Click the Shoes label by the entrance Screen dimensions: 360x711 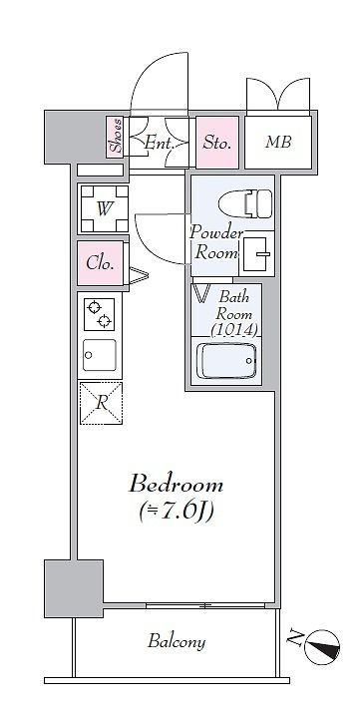[116, 136]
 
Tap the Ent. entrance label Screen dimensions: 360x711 [160, 144]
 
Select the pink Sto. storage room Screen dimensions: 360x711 [217, 143]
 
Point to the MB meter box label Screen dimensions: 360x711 [278, 143]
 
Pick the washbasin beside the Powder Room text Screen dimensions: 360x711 [258, 253]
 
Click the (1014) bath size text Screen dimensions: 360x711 [234, 330]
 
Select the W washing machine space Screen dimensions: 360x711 [105, 208]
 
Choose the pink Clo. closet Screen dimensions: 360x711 [100, 263]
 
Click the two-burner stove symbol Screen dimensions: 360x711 [100, 314]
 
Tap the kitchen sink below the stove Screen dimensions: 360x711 [100, 355]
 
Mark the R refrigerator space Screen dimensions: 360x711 [101, 403]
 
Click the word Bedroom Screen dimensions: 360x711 [176, 485]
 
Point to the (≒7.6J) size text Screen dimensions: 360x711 [176, 512]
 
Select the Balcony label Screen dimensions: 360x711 [177, 641]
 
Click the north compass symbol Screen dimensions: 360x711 [322, 646]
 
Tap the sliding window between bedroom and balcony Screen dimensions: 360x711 [205, 605]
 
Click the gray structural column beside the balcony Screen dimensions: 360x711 [74, 588]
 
